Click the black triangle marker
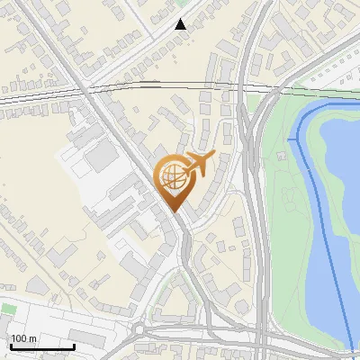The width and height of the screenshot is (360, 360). (x=181, y=24)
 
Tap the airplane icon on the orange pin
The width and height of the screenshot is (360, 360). (x=199, y=165)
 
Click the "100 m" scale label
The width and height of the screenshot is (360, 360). (x=23, y=338)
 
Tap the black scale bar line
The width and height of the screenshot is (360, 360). (x=42, y=346)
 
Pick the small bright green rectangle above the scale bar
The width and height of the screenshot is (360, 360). (x=9, y=310)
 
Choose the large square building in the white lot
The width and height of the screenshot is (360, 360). (x=102, y=156)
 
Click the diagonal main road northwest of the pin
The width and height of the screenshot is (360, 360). (x=99, y=108)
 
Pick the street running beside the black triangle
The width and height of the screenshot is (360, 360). (x=162, y=36)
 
